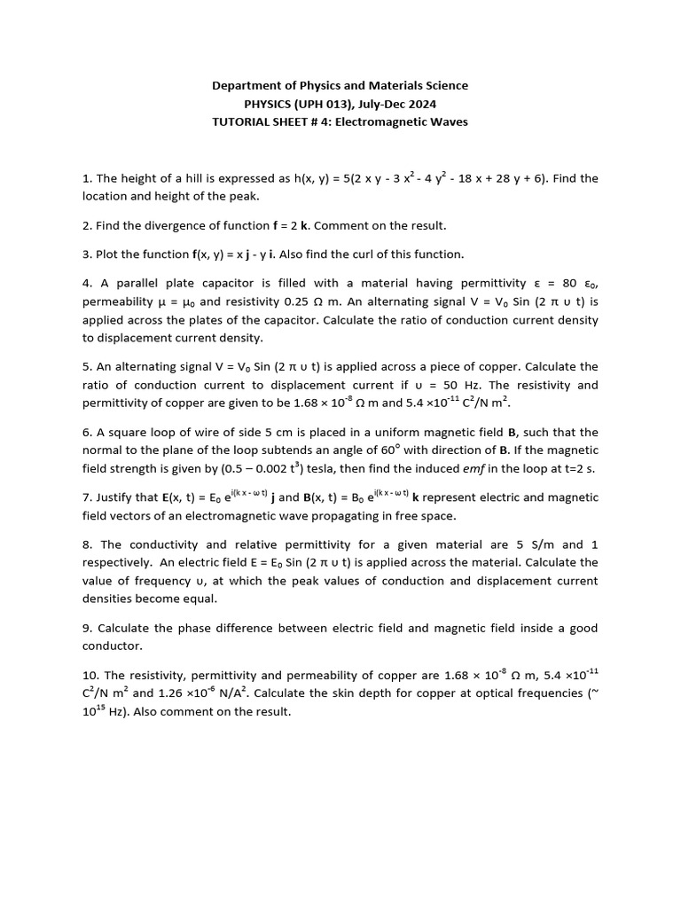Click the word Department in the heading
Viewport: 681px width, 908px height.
(245, 86)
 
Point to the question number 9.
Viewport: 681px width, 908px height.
(86, 628)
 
